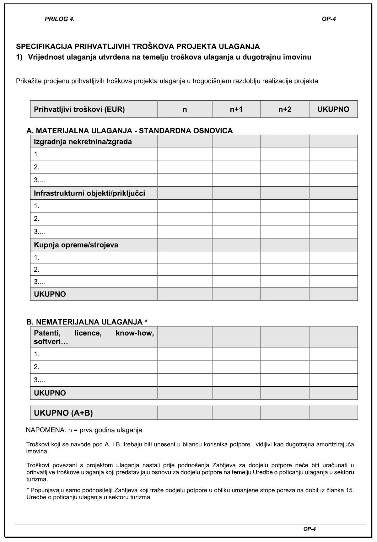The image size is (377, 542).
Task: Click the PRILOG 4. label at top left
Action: [60, 19]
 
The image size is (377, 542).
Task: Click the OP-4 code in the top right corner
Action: [329, 19]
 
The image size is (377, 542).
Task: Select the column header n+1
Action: [236, 109]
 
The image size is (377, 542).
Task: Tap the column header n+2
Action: [285, 109]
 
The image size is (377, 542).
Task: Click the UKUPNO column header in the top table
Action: [333, 109]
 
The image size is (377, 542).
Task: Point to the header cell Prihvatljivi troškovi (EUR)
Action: [79, 109]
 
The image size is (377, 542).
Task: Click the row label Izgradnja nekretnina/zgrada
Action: [83, 142]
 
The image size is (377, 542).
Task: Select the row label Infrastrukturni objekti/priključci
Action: [89, 193]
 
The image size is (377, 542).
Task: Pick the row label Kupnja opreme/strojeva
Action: [76, 245]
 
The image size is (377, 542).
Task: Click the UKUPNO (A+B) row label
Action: [63, 413]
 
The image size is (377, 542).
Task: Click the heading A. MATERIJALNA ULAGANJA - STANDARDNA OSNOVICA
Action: [130, 131]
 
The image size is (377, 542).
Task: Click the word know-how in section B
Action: [135, 333]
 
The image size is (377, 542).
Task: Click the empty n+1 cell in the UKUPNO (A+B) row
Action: [236, 413]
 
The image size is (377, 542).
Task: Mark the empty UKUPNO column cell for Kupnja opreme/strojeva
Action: [333, 245]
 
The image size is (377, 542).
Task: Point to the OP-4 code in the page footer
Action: [309, 529]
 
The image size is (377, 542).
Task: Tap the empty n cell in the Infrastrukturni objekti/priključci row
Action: [185, 193]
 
